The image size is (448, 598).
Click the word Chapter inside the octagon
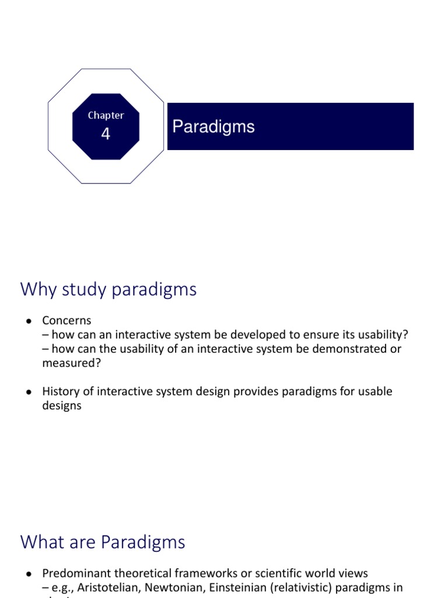[106, 116]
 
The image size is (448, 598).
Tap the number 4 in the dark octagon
[106, 134]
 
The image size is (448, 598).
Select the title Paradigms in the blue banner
[213, 127]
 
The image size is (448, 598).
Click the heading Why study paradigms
[108, 289]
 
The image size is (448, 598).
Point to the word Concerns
[66, 320]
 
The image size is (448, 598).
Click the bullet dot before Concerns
[28, 321]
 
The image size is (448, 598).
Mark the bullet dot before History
[28, 392]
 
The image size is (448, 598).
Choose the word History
[61, 391]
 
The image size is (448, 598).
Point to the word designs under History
[61, 405]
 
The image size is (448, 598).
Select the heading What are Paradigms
[103, 542]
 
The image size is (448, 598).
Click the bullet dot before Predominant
[28, 573]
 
